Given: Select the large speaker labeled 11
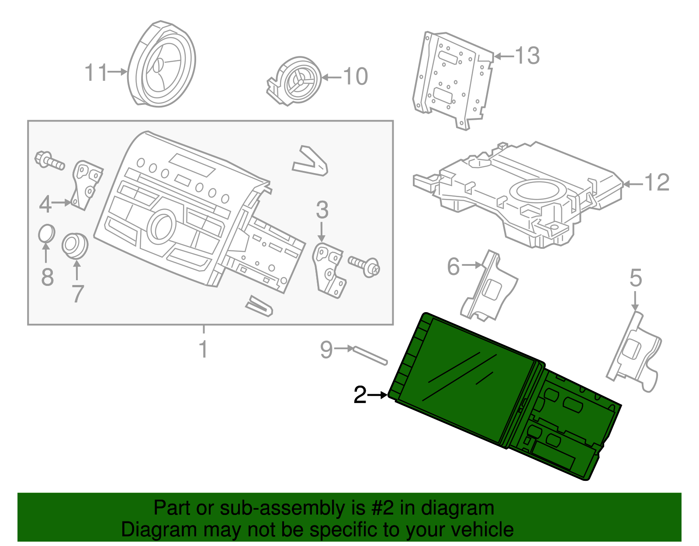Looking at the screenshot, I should tap(162, 65).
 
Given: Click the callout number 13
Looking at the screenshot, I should tap(527, 56).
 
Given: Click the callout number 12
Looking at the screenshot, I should tap(657, 182).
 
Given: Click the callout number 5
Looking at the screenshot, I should tap(636, 278).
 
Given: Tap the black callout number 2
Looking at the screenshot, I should tap(360, 395).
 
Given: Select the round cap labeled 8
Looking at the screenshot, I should tap(46, 233).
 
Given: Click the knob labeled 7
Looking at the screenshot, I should tap(75, 245).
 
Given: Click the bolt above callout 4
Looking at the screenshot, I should tap(49, 160).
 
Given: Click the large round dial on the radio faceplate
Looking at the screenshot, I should tap(162, 226).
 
